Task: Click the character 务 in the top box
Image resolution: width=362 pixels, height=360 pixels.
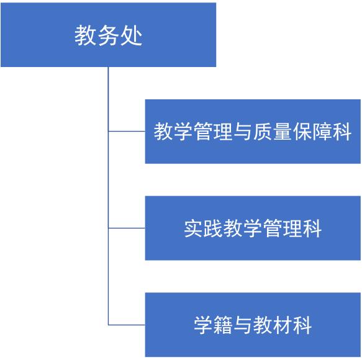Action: (109, 35)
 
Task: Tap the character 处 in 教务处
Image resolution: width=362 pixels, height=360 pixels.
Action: (131, 35)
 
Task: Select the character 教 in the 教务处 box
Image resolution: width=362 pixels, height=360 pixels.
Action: (86, 35)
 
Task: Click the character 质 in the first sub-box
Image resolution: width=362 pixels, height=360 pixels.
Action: (263, 132)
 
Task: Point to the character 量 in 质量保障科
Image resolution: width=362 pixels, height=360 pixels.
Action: (283, 132)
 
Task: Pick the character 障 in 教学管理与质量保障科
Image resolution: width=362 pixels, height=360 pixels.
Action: (322, 132)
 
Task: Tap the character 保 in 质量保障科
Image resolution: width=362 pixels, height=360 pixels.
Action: (302, 132)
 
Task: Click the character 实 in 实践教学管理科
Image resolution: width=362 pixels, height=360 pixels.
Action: (194, 228)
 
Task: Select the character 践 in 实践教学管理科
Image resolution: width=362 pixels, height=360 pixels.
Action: (214, 228)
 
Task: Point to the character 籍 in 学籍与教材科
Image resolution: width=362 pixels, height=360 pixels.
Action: (223, 325)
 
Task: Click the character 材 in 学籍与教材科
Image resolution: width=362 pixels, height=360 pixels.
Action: (283, 325)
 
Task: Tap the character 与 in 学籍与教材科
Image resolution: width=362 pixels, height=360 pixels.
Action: (243, 325)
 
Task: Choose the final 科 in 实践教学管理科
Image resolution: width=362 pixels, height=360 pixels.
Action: (312, 228)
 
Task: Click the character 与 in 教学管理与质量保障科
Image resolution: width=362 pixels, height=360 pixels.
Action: (243, 132)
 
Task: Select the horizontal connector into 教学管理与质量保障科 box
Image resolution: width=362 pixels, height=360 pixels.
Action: (127, 132)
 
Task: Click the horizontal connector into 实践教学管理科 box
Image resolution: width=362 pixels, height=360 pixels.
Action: (127, 228)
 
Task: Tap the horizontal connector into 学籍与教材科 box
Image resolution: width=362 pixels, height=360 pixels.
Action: (127, 325)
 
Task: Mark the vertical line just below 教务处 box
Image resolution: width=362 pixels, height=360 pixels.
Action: (108, 196)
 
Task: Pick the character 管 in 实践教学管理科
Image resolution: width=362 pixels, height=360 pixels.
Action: (273, 228)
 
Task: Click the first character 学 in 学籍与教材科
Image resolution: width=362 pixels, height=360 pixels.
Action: (204, 325)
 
